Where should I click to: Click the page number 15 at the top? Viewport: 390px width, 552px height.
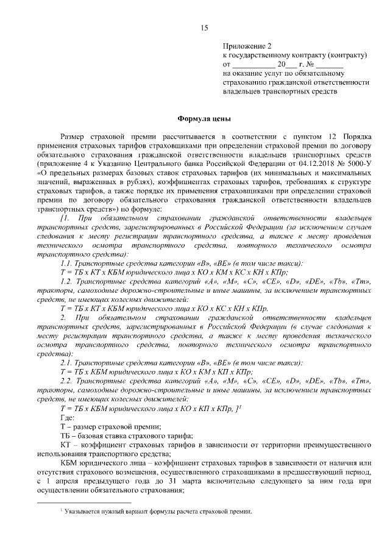(x=204, y=27)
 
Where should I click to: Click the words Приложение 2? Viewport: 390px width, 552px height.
(x=246, y=46)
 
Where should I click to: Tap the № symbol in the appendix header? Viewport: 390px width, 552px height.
(x=309, y=64)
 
